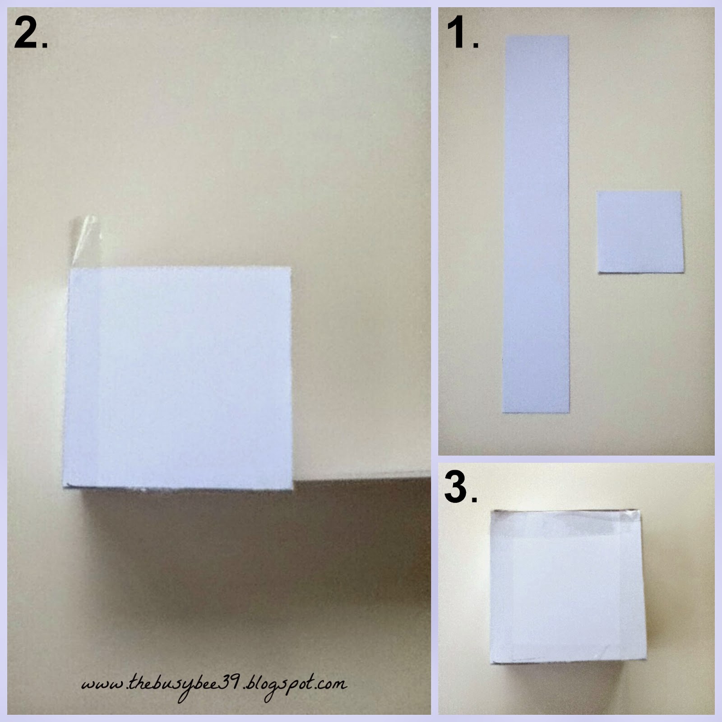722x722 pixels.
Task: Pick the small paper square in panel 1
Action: click(x=640, y=232)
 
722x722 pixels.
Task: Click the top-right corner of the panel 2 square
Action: click(x=290, y=267)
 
